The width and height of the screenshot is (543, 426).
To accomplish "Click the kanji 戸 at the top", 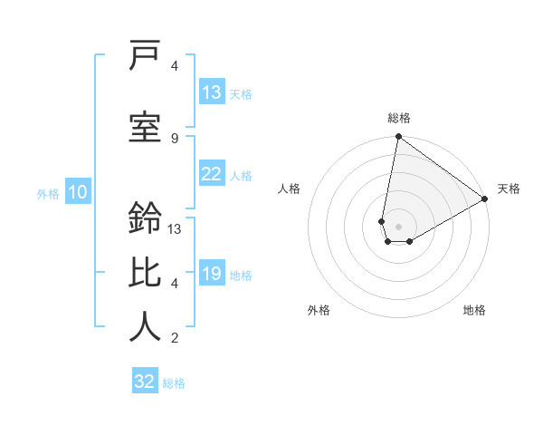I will click(x=146, y=57).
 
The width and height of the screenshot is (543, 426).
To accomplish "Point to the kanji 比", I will click(x=146, y=272).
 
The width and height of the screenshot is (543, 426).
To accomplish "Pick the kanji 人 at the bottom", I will click(x=146, y=325).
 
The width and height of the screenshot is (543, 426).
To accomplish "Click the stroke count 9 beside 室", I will click(x=175, y=138).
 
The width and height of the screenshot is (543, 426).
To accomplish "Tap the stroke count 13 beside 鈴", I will click(x=175, y=229).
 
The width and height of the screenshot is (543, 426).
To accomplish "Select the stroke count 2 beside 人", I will click(x=175, y=338).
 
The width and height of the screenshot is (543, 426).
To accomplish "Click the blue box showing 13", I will click(x=212, y=92).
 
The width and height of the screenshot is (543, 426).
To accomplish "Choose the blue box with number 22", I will click(x=212, y=174).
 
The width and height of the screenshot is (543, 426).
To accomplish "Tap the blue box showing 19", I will click(x=212, y=274).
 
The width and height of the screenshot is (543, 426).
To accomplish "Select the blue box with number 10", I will click(x=78, y=191).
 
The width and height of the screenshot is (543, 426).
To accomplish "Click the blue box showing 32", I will click(x=145, y=382).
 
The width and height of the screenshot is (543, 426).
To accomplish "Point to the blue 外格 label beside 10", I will click(x=48, y=193).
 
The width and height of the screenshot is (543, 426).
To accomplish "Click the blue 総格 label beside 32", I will click(x=174, y=383).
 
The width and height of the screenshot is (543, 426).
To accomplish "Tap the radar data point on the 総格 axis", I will click(x=398, y=138).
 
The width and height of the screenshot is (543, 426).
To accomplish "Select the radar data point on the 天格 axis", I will click(x=485, y=199).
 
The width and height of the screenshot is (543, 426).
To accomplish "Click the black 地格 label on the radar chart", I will click(x=474, y=310).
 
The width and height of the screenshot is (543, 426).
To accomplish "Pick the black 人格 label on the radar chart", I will click(x=290, y=189).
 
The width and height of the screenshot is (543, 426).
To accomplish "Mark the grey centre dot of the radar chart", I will click(x=398, y=225).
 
